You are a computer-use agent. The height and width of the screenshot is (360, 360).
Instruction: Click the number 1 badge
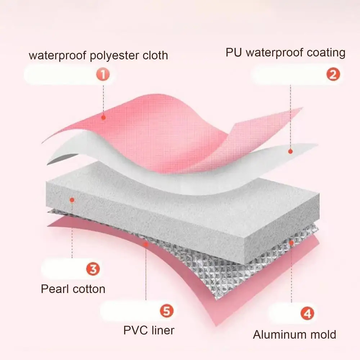click(x=103, y=75)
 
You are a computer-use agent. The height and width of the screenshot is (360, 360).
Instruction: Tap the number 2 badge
click(x=333, y=74)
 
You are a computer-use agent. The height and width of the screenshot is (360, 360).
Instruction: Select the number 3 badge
click(x=93, y=269)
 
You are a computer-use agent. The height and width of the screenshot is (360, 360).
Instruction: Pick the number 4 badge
click(x=307, y=313)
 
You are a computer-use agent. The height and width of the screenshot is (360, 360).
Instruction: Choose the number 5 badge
click(x=167, y=311)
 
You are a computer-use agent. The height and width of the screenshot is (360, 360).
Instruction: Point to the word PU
click(x=234, y=52)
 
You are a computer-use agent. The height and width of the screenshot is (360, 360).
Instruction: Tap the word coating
click(x=326, y=53)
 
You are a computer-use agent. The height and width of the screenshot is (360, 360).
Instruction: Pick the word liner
click(x=163, y=330)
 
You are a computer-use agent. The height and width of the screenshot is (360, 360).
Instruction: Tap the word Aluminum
click(x=280, y=334)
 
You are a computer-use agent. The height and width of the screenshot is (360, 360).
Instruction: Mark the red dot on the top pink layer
click(x=104, y=118)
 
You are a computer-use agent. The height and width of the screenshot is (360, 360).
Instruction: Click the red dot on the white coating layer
click(x=290, y=151)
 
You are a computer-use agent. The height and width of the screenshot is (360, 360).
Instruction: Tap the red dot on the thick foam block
click(x=72, y=200)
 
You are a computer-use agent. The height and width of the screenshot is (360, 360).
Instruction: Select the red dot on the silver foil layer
click(x=291, y=243)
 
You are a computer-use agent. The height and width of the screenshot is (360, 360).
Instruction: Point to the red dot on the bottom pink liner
click(x=146, y=244)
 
